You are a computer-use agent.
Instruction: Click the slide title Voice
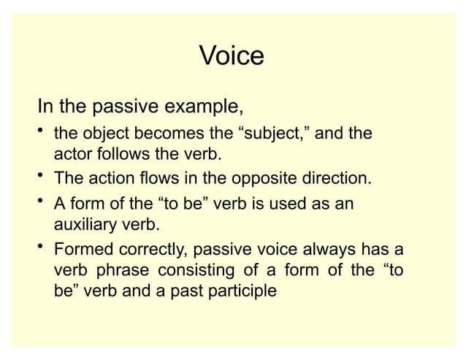(x=231, y=56)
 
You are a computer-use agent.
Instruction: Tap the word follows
(x=122, y=156)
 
